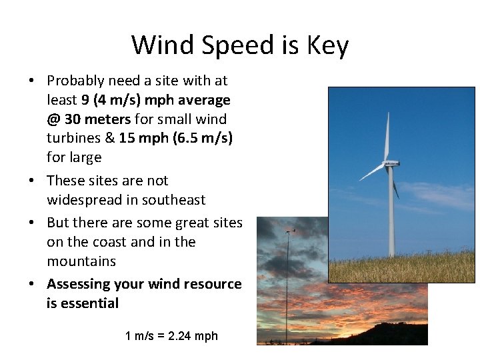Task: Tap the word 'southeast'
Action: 175,200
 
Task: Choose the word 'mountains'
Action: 81,261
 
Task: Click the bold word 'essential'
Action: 89,303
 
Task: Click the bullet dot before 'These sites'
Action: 32,181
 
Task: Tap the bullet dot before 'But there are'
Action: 32,223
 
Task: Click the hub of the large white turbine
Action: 389,163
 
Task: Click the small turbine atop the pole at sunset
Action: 288,232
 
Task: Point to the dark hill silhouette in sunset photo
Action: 373,333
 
